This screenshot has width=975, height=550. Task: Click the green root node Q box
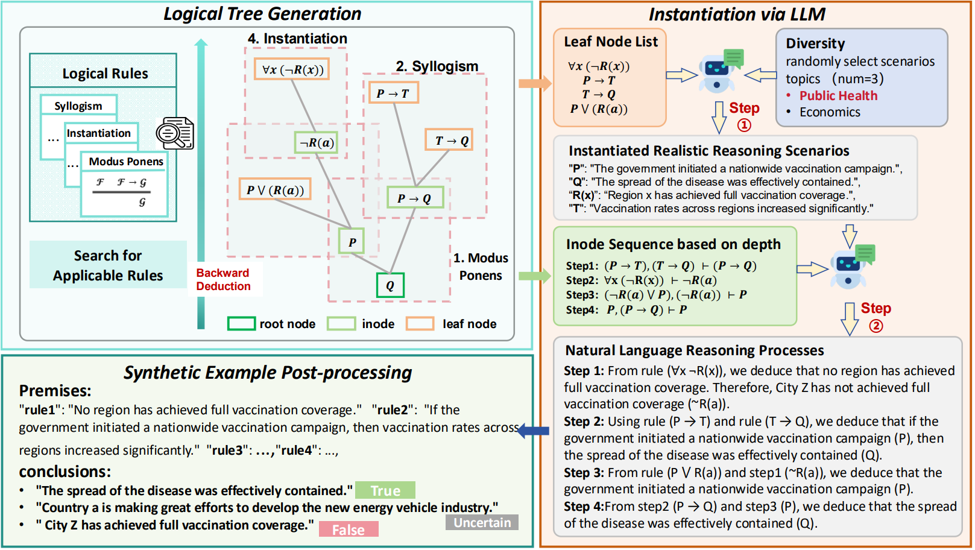click(x=390, y=285)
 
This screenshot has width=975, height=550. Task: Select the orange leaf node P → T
click(x=393, y=93)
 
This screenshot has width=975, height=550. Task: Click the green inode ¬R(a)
click(x=317, y=142)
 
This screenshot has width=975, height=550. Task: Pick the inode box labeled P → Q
click(x=414, y=198)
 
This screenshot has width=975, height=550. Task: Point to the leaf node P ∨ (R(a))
click(x=275, y=189)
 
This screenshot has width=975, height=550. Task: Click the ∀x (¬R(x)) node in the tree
click(x=292, y=69)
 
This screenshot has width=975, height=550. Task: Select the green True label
click(x=385, y=490)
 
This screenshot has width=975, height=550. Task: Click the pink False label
click(x=349, y=529)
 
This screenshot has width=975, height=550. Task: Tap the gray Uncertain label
click(x=482, y=522)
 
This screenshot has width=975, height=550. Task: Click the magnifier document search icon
click(x=175, y=133)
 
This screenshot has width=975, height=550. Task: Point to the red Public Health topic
click(x=838, y=95)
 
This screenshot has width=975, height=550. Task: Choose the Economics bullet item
click(x=830, y=112)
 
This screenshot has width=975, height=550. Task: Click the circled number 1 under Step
click(x=744, y=125)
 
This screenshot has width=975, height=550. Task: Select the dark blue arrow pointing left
click(x=534, y=431)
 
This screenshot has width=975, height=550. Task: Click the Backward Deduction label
click(x=223, y=279)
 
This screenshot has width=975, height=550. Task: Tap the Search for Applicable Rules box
click(x=108, y=265)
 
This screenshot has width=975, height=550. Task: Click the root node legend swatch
click(x=241, y=324)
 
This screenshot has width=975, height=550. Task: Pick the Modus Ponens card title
click(x=126, y=162)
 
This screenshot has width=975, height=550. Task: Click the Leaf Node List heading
click(x=611, y=42)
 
